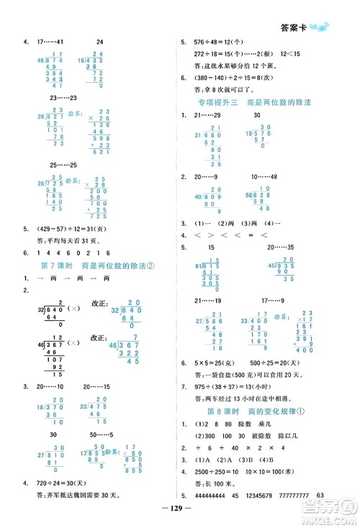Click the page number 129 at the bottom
(181, 516)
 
